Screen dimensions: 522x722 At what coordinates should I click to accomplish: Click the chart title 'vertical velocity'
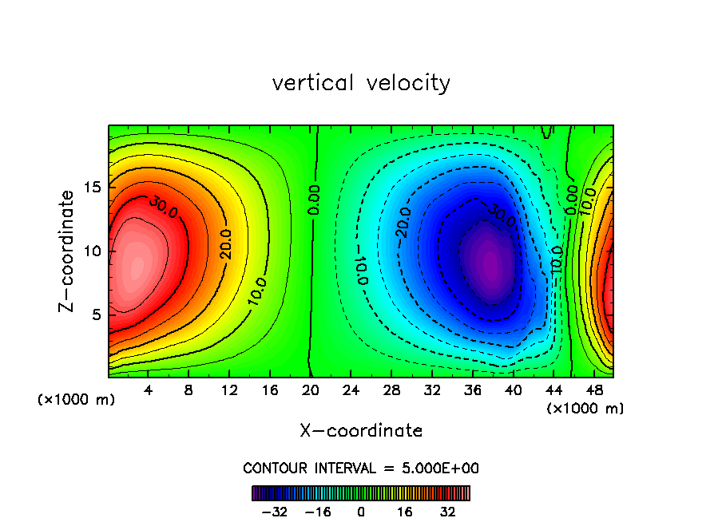(361, 83)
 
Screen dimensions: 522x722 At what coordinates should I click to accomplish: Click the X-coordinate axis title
(361, 431)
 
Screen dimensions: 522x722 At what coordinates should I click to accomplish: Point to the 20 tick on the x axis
(311, 392)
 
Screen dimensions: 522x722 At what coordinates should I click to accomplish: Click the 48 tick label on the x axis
(593, 392)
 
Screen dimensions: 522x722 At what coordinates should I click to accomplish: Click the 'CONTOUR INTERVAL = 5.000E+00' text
(361, 469)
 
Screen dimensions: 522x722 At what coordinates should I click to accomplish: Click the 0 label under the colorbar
(361, 512)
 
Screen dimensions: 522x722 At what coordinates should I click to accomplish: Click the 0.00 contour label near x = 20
(315, 199)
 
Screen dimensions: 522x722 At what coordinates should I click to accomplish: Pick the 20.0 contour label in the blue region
(403, 222)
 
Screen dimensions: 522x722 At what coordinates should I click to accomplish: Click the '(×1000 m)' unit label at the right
(585, 409)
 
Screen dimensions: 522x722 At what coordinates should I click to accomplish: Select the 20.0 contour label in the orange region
(226, 243)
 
